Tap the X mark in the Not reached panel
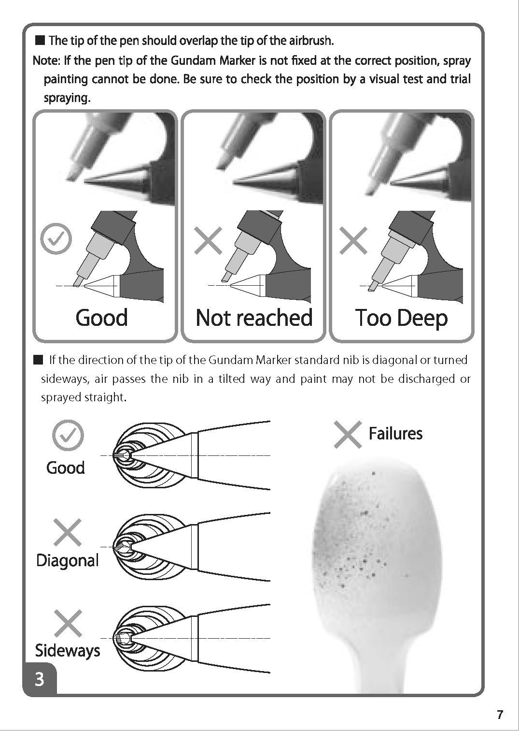(x=208, y=240)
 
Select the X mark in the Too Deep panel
(x=353, y=240)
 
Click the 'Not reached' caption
(x=254, y=318)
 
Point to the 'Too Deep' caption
(x=401, y=318)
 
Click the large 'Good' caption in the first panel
(x=102, y=318)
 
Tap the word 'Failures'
(x=395, y=434)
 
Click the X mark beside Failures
(x=348, y=434)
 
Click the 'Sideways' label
(x=68, y=650)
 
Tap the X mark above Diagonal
(x=68, y=532)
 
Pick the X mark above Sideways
(x=68, y=623)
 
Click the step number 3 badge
(x=40, y=679)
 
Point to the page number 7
(x=500, y=714)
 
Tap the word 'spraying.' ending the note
(x=67, y=98)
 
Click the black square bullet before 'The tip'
(x=40, y=40)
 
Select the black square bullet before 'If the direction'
(x=38, y=360)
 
